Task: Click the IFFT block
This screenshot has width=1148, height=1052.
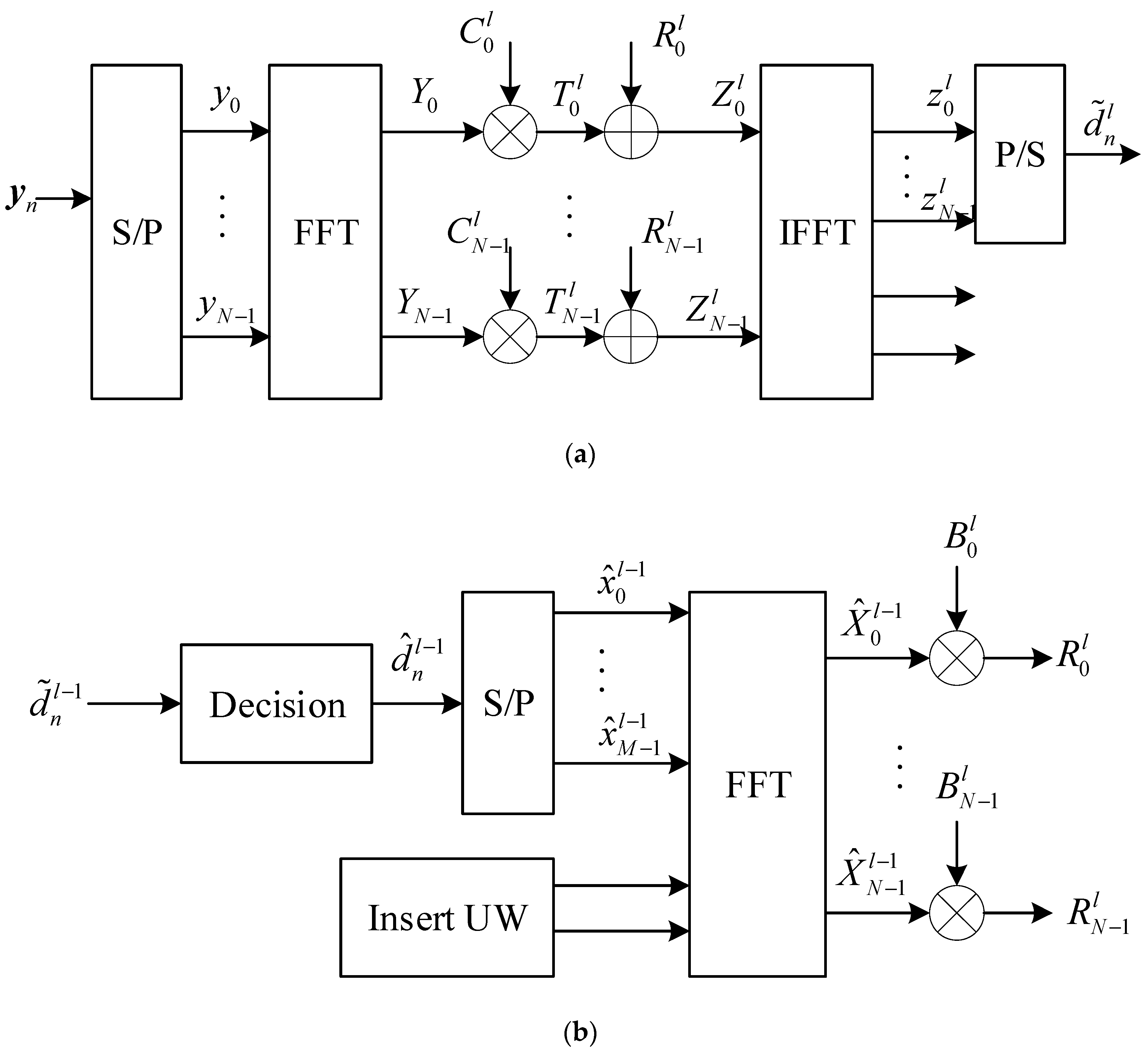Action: [x=816, y=232]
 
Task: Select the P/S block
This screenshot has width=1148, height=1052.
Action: [x=1019, y=154]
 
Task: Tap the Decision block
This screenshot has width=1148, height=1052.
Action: [x=277, y=704]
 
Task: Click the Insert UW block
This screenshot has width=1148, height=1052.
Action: [x=447, y=918]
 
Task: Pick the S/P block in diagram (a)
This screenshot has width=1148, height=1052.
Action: [x=137, y=232]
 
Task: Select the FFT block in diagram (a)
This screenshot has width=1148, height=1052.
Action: [x=325, y=232]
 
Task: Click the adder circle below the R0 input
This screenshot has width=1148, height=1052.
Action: [x=631, y=132]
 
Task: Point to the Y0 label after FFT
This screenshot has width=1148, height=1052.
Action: [x=424, y=97]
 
